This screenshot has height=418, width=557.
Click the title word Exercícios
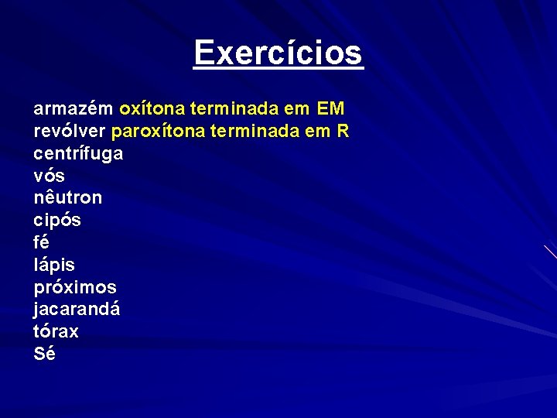coord(278,53)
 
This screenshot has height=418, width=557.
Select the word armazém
coord(73,108)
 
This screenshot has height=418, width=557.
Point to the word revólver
coord(70,131)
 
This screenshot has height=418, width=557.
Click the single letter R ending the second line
coord(343,131)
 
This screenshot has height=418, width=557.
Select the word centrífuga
coord(78,153)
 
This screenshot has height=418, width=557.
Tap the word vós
coord(49,176)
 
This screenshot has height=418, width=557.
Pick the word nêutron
coord(67,198)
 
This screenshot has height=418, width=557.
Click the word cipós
coord(57,221)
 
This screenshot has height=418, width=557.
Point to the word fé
coord(42,242)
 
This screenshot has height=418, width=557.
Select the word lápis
coord(54,265)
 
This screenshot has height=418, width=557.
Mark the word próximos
coord(75,287)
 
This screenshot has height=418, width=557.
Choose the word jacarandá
coord(77,310)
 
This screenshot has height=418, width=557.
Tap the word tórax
coord(56,331)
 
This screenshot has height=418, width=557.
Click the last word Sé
coord(44,354)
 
